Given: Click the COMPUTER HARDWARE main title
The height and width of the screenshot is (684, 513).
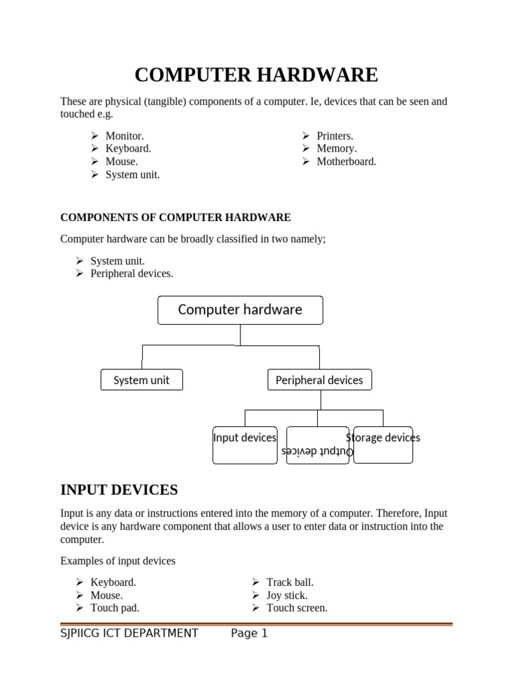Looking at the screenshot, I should point(256,75).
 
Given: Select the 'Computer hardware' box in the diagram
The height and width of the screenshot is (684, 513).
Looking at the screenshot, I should point(240,310).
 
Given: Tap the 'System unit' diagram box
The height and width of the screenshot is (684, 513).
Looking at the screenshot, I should point(141,380).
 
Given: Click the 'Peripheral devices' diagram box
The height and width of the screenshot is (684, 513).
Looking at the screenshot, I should point(319,380).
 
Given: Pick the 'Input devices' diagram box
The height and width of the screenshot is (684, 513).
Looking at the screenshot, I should point(244,444).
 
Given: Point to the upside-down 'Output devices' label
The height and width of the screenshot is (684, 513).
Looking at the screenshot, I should point(317,452).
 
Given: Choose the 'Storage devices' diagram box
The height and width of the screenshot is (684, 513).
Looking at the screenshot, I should point(383,444).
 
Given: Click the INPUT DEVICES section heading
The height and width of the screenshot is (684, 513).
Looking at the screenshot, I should point(119,490).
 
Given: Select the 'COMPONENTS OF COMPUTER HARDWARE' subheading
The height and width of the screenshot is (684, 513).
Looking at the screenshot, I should point(176,217).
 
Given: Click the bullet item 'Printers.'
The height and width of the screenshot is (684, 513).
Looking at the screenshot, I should point(335,136).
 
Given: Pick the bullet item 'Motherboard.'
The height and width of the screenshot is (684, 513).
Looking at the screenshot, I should point(346,162).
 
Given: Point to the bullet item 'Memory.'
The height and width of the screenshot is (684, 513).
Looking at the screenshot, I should point(337,148).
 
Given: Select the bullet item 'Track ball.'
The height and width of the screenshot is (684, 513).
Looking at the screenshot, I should point(290,582).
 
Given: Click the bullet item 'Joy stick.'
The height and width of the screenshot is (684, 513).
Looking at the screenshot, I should point(287,595).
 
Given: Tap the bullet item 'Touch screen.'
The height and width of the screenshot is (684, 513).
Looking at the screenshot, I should point(297,608).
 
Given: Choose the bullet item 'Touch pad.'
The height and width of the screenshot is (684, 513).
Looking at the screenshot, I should point(115,608).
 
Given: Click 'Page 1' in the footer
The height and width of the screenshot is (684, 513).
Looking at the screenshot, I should point(249,633).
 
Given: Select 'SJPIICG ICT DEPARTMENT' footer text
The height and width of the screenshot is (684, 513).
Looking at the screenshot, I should point(129,633).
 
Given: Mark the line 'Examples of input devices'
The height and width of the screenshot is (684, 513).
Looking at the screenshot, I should point(118,560).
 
